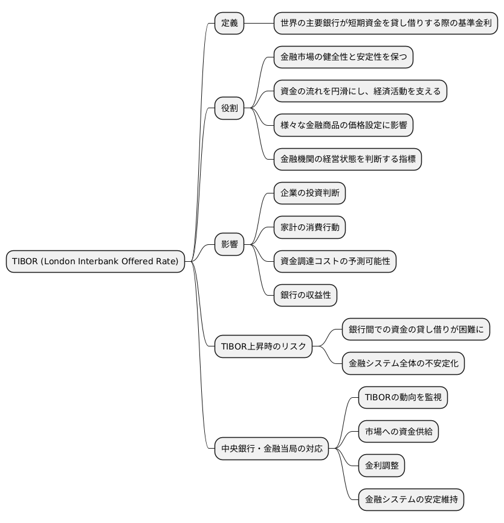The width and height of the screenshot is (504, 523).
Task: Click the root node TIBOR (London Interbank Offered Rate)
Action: pyautogui.click(x=95, y=262)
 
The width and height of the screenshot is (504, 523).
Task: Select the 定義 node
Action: pyautogui.click(x=229, y=24)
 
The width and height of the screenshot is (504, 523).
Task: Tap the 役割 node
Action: pyautogui.click(x=229, y=109)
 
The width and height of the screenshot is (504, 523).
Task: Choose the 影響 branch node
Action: pyautogui.click(x=229, y=245)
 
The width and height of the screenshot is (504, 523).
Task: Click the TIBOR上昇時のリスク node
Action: pyautogui.click(x=263, y=347)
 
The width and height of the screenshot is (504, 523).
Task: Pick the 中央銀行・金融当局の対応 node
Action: pyautogui.click(x=271, y=449)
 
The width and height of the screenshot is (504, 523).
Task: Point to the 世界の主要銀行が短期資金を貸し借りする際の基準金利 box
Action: pyautogui.click(x=386, y=24)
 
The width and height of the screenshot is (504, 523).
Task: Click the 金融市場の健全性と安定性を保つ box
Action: pyautogui.click(x=343, y=57)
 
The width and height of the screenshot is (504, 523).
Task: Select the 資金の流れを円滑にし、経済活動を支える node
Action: pyautogui.click(x=360, y=91)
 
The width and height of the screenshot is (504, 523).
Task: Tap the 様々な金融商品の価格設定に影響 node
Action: pyautogui.click(x=343, y=126)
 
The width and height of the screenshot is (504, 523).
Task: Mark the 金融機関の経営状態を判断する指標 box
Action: pyautogui.click(x=347, y=160)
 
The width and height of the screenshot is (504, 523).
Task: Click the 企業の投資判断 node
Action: pyautogui.click(x=309, y=193)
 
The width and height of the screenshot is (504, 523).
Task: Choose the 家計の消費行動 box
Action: pyautogui.click(x=309, y=228)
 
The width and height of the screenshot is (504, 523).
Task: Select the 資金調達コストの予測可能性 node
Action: pyautogui.click(x=335, y=262)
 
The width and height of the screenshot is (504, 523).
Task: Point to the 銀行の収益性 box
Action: pyautogui.click(x=305, y=296)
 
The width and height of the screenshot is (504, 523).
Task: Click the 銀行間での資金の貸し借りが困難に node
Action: pyautogui.click(x=415, y=330)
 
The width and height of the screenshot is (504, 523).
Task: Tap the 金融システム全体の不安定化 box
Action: pyautogui.click(x=402, y=364)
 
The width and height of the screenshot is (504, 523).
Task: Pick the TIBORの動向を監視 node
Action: pyautogui.click(x=402, y=398)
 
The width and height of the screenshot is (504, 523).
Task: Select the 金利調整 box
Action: pyautogui.click(x=381, y=466)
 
